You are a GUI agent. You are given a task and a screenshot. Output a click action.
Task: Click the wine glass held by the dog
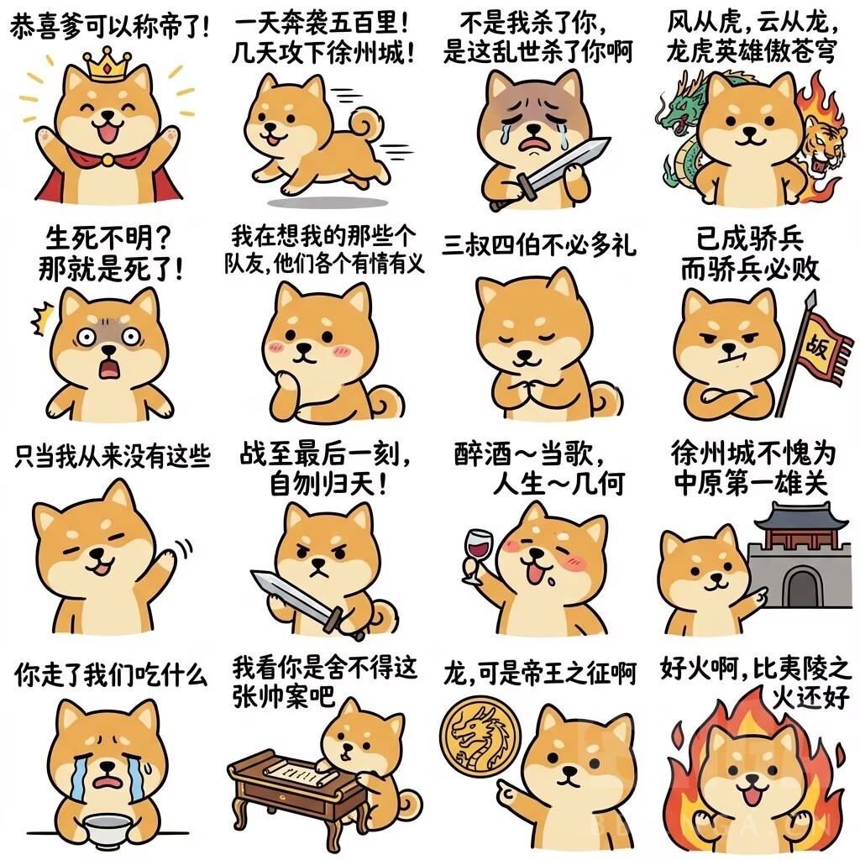[x=476, y=554]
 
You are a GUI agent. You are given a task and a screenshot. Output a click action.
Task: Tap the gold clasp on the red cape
[x=108, y=160]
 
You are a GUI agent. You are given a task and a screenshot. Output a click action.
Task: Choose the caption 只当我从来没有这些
[x=113, y=456]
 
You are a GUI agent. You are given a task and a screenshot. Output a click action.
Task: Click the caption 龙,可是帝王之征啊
[x=539, y=674]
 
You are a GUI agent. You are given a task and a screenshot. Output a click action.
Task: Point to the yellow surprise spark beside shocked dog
[x=42, y=318]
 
